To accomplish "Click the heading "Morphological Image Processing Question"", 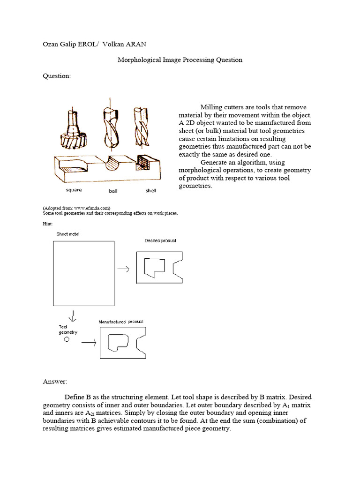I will tap(180, 60).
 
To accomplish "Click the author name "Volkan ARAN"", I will tap(127, 44).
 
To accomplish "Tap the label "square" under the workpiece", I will tap(73, 190).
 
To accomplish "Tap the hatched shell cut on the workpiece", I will tap(142, 162).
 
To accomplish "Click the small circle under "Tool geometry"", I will tap(66, 339).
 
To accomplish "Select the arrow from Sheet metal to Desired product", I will tap(124, 269).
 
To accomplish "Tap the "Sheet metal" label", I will tap(68, 234).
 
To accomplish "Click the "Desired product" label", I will tap(161, 240).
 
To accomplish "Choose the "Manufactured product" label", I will tap(121, 322).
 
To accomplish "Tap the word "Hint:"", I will tap(47, 224).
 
